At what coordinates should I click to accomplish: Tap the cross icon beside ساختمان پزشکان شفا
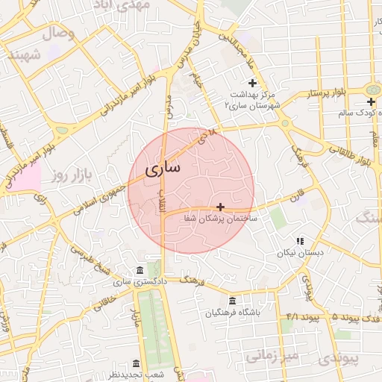(x=220, y=206)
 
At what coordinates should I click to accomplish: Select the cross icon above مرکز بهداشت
(x=253, y=83)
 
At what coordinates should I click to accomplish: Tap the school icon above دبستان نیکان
(x=300, y=241)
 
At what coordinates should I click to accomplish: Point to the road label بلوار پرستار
(x=328, y=93)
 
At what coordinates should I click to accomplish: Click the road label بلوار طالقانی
(x=354, y=153)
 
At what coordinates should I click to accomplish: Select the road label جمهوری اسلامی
(x=107, y=194)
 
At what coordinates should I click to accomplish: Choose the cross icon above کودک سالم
(x=371, y=101)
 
